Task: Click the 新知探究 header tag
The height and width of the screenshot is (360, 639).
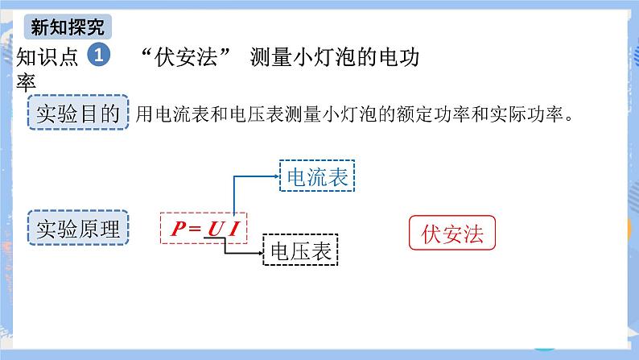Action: (x=67, y=27)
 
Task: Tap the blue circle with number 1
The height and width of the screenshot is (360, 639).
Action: (x=97, y=56)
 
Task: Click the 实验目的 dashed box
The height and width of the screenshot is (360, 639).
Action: (x=78, y=114)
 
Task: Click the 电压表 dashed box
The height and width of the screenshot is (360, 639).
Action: (x=302, y=251)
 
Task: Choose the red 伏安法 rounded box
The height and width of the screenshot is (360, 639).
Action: (x=451, y=234)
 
